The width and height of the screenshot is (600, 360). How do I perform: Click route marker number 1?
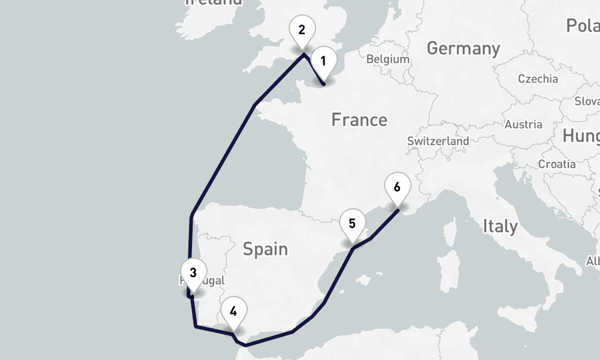point(323,61)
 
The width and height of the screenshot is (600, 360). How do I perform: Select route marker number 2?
point(301,30)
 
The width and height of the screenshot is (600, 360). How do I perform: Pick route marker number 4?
point(233,311)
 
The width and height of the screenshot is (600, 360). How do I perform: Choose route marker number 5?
point(352,224)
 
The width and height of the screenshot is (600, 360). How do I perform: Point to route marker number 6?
point(397,187)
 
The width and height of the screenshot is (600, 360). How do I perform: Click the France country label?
point(359,120)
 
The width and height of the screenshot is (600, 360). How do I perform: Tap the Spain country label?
point(265,248)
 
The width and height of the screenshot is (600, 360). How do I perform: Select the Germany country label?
point(463,49)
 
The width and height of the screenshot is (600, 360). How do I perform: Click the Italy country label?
point(500,226)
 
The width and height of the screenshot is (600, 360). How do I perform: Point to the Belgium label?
point(387,59)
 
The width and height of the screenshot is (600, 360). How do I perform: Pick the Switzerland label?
point(437,140)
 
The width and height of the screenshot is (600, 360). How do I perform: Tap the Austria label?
point(523,125)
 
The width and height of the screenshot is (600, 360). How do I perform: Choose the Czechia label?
point(538,79)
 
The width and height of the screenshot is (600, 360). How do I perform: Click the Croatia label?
point(557,164)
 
